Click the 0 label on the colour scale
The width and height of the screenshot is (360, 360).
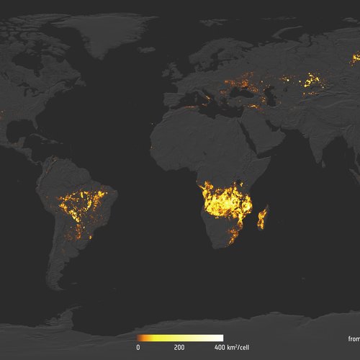(x=138, y=347)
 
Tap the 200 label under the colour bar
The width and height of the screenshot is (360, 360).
(x=179, y=347)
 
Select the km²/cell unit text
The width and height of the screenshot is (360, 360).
(x=238, y=347)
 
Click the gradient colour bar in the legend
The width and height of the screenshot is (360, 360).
(x=180, y=338)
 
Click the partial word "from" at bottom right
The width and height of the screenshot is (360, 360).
(x=351, y=338)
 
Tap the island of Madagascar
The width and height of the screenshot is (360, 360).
(x=262, y=217)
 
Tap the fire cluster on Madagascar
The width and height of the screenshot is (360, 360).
(x=261, y=218)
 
